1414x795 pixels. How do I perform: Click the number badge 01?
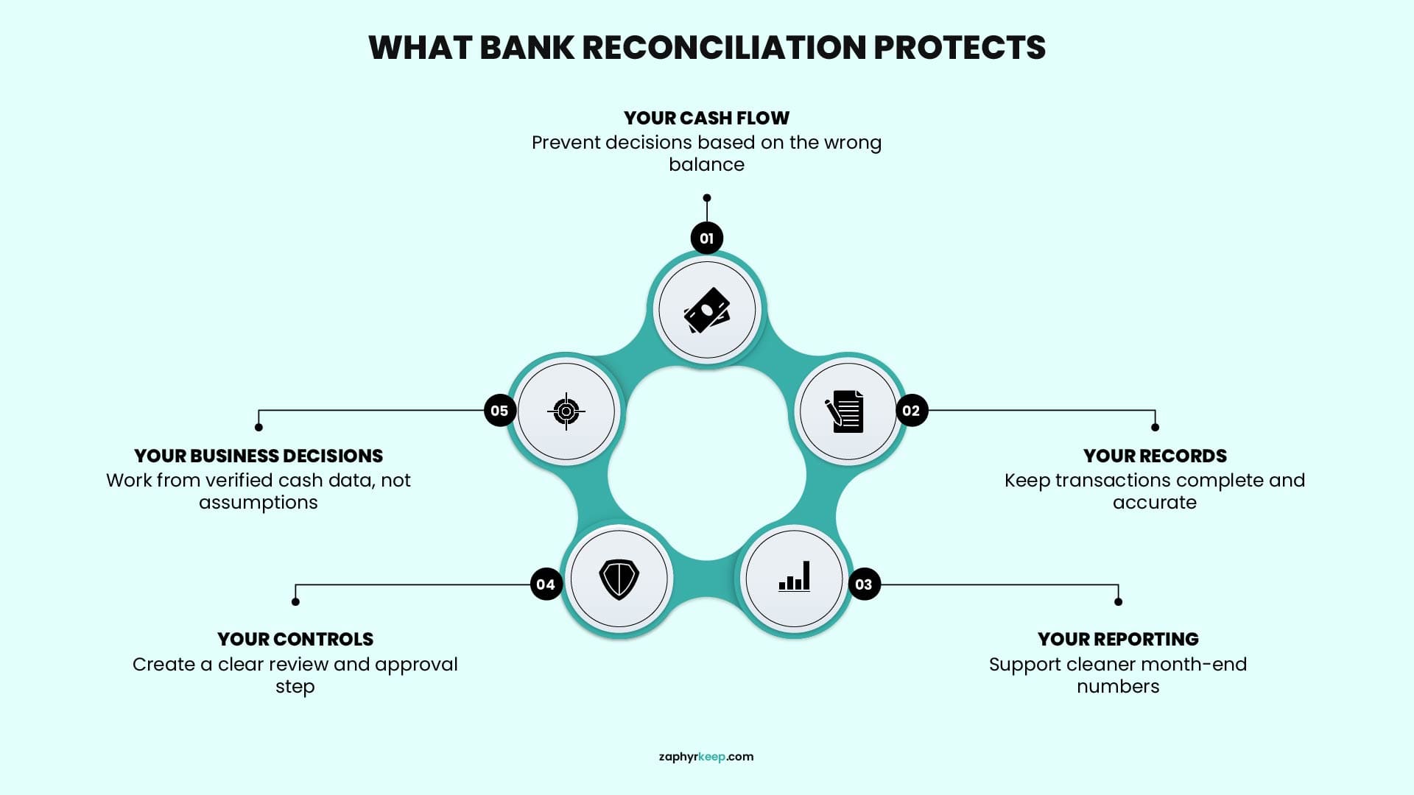707,238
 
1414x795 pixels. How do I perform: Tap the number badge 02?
911,411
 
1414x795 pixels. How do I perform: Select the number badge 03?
864,584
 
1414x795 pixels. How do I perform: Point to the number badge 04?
546,584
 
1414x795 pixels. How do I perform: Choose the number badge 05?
499,411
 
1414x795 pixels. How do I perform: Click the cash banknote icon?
707,310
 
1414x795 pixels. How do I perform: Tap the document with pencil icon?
845,411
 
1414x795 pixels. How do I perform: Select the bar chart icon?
795,576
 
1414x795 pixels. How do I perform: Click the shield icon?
619,579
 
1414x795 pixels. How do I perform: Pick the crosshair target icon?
566,411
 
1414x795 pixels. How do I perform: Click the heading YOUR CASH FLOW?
706,118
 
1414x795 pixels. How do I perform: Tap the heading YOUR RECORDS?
1155,456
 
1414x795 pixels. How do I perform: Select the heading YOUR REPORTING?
1118,639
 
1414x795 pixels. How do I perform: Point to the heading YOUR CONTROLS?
295,639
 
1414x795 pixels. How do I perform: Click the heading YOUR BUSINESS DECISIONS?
258,456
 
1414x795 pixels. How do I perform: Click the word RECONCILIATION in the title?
724,47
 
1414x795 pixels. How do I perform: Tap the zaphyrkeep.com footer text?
706,757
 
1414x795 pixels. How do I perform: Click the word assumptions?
258,503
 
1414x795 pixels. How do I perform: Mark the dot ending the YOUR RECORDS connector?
1155,428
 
